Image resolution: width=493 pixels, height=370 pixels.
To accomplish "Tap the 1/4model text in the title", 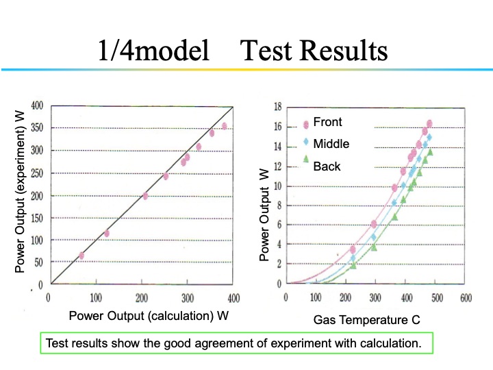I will pyautogui.click(x=154, y=51).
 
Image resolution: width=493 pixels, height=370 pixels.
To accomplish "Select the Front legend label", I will pyautogui.click(x=327, y=122).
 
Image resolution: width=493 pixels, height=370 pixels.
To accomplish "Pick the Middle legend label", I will pyautogui.click(x=331, y=144).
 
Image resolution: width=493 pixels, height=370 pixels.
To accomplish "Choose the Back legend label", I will pyautogui.click(x=327, y=166).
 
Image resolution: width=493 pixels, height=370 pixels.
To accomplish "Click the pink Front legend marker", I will pyautogui.click(x=306, y=124).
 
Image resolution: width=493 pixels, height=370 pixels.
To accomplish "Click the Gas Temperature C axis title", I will pyautogui.click(x=366, y=319).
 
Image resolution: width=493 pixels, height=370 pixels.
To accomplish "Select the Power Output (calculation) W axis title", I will pyautogui.click(x=148, y=315).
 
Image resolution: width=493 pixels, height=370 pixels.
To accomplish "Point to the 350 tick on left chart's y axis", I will pyautogui.click(x=37, y=128).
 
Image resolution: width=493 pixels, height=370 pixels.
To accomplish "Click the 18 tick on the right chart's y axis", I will pyautogui.click(x=278, y=107).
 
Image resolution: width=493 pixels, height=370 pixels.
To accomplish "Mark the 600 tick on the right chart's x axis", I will pyautogui.click(x=466, y=298).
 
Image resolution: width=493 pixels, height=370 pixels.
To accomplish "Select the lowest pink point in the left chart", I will pyautogui.click(x=81, y=256).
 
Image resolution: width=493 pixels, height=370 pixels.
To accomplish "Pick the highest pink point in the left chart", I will pyautogui.click(x=224, y=126).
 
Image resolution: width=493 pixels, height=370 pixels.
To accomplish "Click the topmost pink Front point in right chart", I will pyautogui.click(x=429, y=124).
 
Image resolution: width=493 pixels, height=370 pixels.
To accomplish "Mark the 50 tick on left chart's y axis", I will pyautogui.click(x=39, y=262).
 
